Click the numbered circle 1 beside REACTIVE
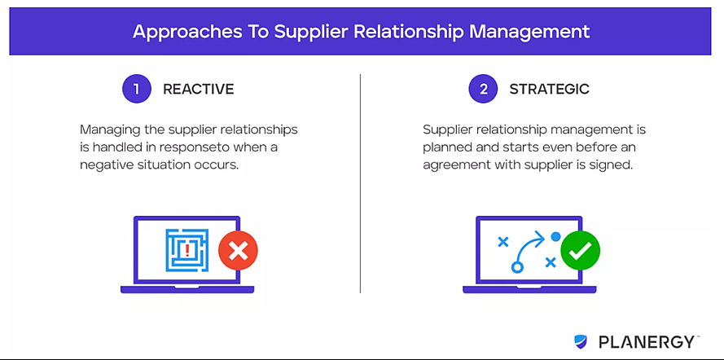click(137, 89)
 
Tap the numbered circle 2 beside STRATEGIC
click(484, 89)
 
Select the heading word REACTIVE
click(199, 89)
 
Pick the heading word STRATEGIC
click(550, 89)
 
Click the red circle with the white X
click(239, 251)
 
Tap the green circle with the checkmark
click(581, 251)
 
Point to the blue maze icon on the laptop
click(187, 250)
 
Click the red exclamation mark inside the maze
click(187, 251)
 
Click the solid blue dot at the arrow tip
click(556, 237)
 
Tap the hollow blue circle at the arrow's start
click(516, 267)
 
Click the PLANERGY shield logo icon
click(581, 341)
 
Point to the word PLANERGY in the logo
click(647, 342)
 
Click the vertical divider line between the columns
click(360, 183)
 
